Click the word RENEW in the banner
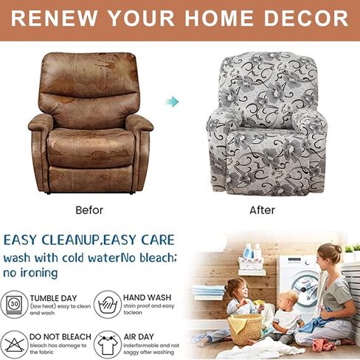(x=54, y=18)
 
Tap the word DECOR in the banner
(x=306, y=18)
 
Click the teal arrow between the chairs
(x=172, y=102)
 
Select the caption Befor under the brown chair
(x=89, y=210)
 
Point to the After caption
(x=262, y=210)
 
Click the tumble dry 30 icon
(x=14, y=305)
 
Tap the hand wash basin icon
(x=108, y=305)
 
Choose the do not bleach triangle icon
(x=14, y=345)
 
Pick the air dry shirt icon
(x=108, y=345)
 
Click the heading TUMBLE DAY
(x=53, y=298)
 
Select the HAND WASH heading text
(x=147, y=297)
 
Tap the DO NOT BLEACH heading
(x=60, y=336)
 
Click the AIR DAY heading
(x=139, y=336)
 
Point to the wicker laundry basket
(x=246, y=329)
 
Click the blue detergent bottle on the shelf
(x=248, y=252)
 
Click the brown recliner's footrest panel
(x=91, y=179)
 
